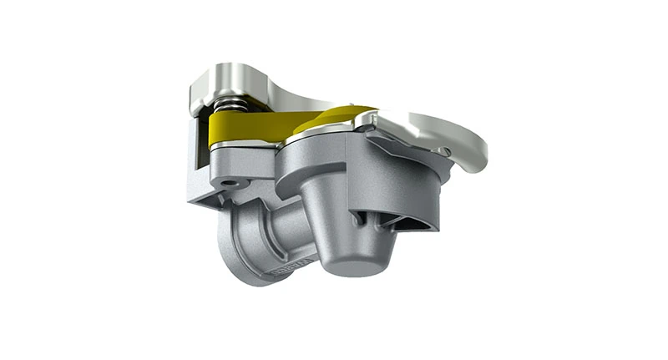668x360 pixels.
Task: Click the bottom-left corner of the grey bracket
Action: click(191, 201)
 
